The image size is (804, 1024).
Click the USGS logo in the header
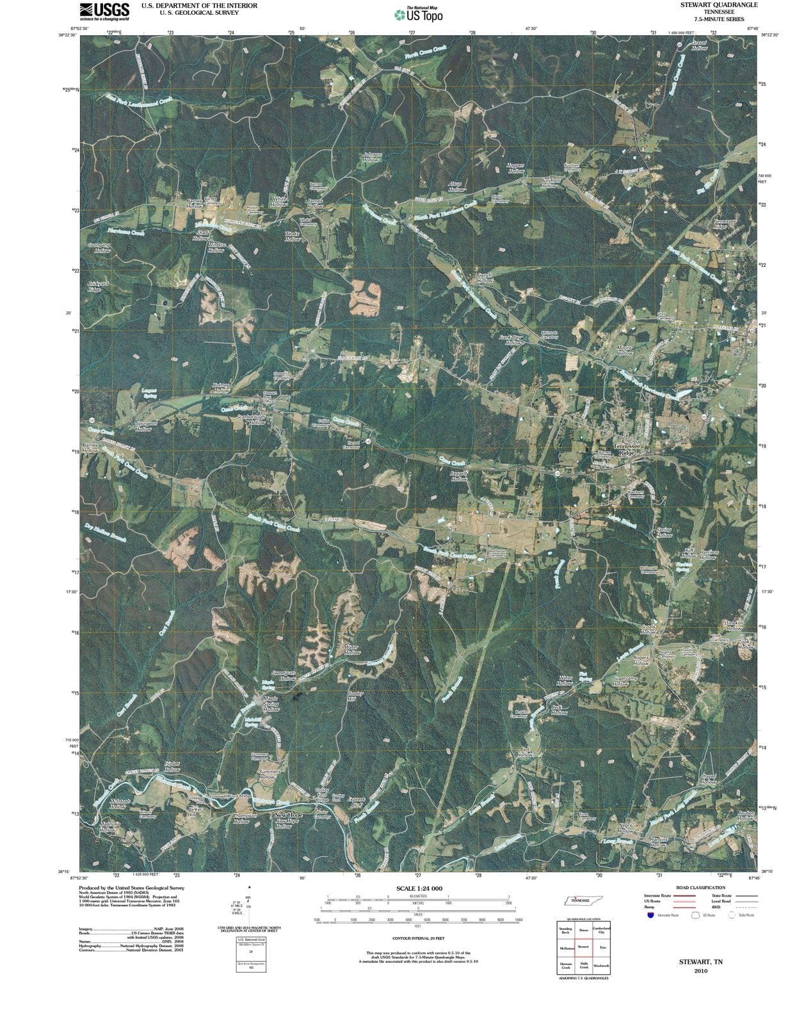[104, 11]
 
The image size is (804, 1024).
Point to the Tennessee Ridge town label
[626, 449]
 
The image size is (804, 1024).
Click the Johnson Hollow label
[372, 157]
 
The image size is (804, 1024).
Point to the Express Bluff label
[356, 802]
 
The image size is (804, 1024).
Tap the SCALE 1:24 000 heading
[419, 888]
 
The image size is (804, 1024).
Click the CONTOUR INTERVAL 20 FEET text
[419, 938]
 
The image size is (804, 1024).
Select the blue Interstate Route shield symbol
[650, 915]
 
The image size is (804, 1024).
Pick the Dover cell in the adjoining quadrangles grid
[583, 930]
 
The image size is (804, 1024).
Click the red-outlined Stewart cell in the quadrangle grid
[583, 947]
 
